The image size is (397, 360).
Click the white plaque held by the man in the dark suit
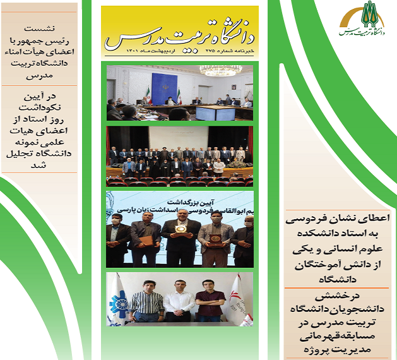coord(179,231)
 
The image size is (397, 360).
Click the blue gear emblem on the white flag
coord(119,303)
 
